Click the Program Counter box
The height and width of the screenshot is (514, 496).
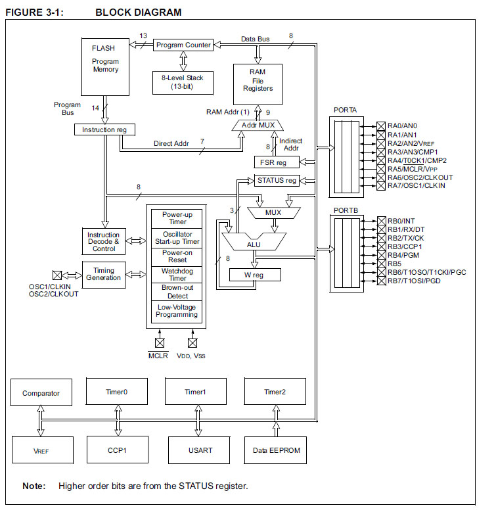coord(183,45)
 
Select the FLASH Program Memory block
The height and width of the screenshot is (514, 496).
coord(105,66)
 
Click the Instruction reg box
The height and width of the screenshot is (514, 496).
coord(104,129)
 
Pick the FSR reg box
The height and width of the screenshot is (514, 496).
coord(277,162)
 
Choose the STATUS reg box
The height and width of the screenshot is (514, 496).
coord(277,180)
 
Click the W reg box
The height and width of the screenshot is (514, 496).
coord(254,275)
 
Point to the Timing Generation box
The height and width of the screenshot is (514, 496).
coord(104,274)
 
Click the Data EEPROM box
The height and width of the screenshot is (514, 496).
coord(276,450)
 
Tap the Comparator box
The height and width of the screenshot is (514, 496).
coord(41,393)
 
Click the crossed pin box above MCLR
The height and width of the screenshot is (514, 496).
coord(159,342)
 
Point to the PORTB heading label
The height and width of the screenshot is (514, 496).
coord(346,210)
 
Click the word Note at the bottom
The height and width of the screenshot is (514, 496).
coord(34,486)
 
